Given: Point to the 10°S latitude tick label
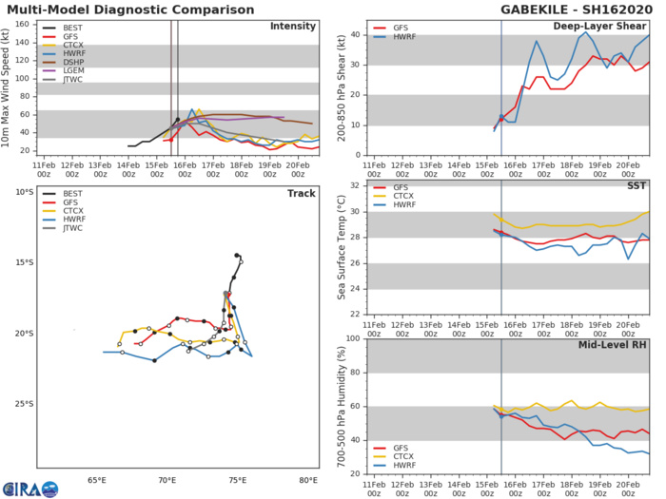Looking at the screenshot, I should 23,192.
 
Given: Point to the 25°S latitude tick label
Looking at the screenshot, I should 23,404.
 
